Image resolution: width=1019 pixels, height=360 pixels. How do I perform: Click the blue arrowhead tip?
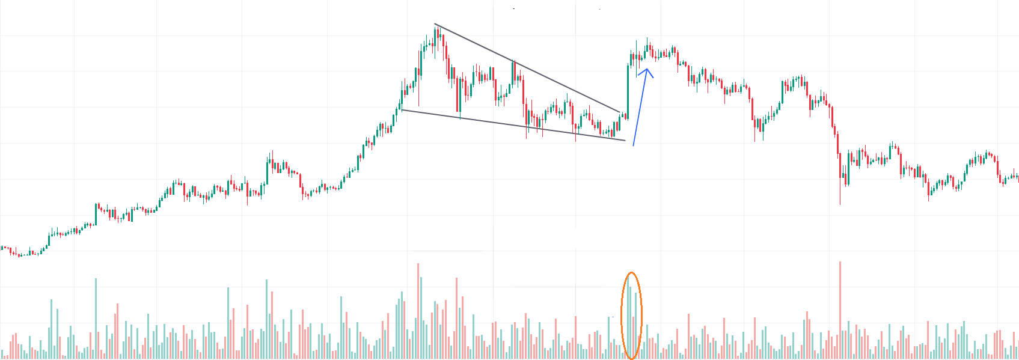[x=647, y=69]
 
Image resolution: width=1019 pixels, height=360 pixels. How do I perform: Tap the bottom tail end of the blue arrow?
[x=633, y=145]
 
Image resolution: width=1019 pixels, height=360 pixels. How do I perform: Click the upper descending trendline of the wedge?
[x=529, y=69]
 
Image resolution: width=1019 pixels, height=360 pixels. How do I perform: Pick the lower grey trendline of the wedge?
[x=511, y=125]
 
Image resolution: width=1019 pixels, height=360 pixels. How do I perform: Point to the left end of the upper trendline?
[x=435, y=24]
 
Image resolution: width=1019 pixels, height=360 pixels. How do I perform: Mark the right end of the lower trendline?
[x=625, y=141]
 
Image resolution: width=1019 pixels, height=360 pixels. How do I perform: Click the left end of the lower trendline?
[x=402, y=109]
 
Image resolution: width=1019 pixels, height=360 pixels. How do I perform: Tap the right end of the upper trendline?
[x=620, y=112]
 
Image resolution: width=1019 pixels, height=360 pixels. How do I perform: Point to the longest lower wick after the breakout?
[x=840, y=192]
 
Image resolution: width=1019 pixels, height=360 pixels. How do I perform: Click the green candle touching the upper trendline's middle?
[x=513, y=72]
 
